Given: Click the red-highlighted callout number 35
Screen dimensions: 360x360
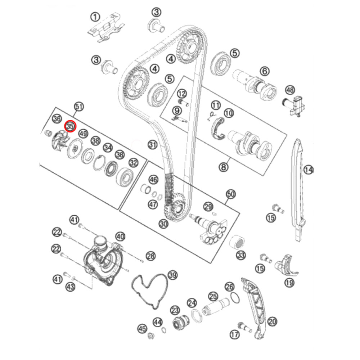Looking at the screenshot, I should (70, 126).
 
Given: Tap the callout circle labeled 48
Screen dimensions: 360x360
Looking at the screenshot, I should (290, 90).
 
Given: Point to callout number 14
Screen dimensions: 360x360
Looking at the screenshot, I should (309, 169).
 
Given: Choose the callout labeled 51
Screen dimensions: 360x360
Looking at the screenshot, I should (78, 107).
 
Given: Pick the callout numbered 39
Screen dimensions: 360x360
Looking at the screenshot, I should (173, 275).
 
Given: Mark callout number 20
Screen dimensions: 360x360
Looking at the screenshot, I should (272, 321).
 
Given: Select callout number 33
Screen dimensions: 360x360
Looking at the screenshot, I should (240, 256).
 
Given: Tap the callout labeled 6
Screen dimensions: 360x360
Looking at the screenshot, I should (265, 72).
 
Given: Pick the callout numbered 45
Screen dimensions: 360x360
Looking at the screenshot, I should (142, 328).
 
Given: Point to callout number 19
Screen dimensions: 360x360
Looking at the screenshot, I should (289, 283).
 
